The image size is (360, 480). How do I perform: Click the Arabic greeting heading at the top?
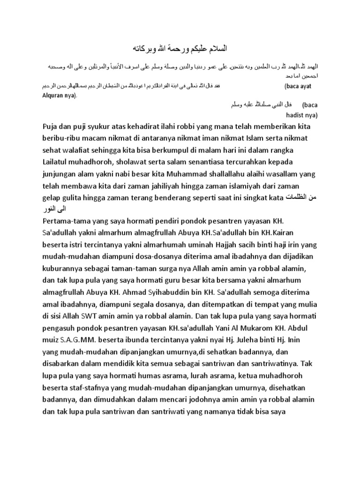click(x=180, y=48)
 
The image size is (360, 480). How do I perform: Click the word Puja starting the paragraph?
click(x=52, y=127)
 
